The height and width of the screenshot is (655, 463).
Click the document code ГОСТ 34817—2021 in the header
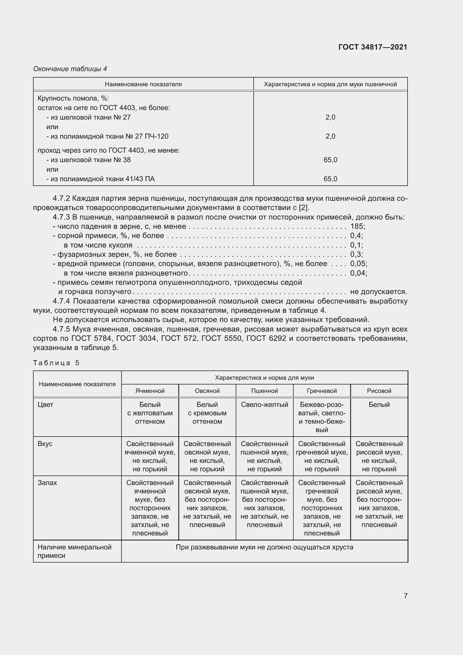pyautogui.click(x=373, y=47)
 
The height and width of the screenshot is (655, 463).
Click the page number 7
pyautogui.click(x=405, y=596)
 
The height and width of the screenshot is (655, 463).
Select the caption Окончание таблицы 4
pyautogui.click(x=70, y=69)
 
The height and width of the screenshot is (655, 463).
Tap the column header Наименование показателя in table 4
pyautogui.click(x=143, y=84)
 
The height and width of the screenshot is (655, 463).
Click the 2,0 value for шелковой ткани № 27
pyautogui.click(x=330, y=117)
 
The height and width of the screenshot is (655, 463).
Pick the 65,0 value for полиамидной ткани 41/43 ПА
pyautogui.click(x=330, y=179)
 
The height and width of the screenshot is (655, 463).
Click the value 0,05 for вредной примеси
pyautogui.click(x=358, y=264)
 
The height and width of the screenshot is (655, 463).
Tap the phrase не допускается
pyautogui.click(x=378, y=292)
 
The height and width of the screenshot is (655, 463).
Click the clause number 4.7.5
pyautogui.click(x=61, y=329)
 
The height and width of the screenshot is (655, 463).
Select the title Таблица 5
pyautogui.click(x=56, y=363)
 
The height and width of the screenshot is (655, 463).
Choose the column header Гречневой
pyautogui.click(x=322, y=391)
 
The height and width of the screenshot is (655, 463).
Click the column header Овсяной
pyautogui.click(x=207, y=391)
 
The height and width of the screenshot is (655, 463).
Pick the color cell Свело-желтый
pyautogui.click(x=264, y=405)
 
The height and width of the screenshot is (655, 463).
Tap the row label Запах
pyautogui.click(x=47, y=483)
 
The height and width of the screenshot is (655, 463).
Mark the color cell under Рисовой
pyautogui.click(x=379, y=405)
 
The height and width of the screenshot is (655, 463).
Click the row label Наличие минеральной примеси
pyautogui.click(x=74, y=551)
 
